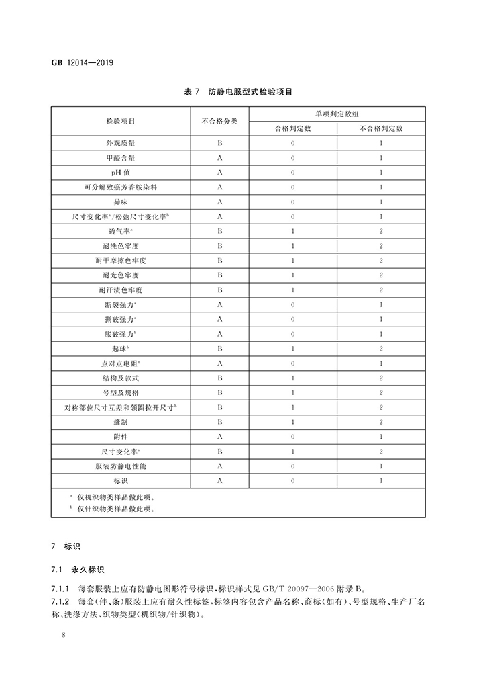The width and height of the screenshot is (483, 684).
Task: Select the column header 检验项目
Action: [120, 121]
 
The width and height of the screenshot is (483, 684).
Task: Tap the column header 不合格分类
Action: [219, 121]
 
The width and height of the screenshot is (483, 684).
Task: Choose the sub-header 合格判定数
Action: [293, 128]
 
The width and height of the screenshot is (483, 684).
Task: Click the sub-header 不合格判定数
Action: [381, 128]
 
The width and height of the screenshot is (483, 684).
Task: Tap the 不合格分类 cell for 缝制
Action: [219, 421]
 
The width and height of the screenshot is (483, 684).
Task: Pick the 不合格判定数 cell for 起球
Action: [381, 348]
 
